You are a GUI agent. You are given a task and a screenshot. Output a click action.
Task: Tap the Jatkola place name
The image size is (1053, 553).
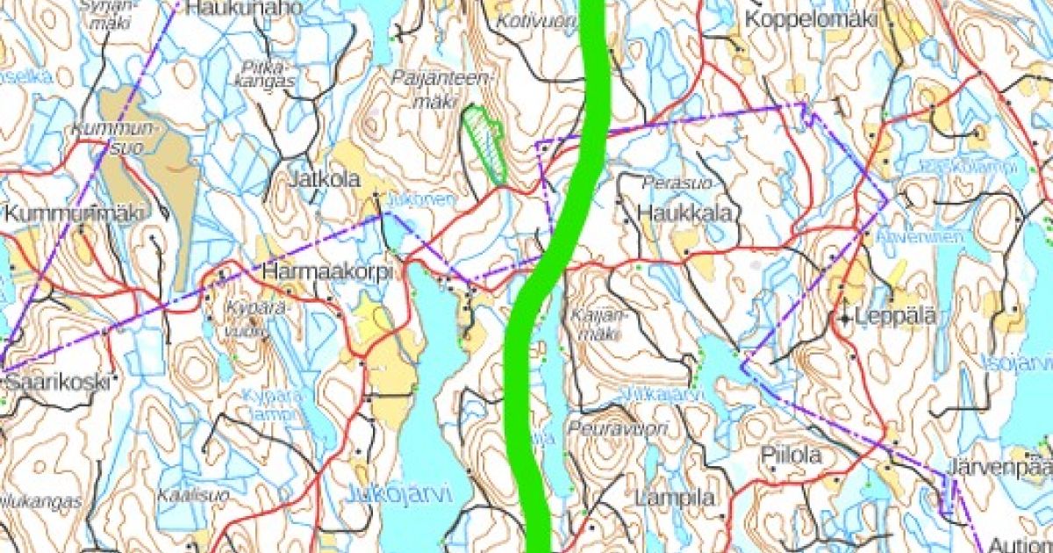click(x=326, y=179)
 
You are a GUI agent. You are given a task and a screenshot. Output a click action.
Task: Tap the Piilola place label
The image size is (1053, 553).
click(x=792, y=456)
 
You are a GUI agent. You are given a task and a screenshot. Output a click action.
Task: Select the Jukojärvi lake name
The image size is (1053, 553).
click(x=399, y=494)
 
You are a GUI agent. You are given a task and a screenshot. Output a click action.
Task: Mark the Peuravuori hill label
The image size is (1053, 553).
click(x=618, y=427)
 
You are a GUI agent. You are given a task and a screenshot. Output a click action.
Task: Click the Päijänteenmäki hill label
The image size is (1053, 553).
click(x=445, y=89)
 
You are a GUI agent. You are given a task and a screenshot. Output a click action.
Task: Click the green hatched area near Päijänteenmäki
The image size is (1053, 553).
click(x=485, y=140)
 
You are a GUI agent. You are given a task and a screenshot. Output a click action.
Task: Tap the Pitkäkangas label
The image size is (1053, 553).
click(x=269, y=72)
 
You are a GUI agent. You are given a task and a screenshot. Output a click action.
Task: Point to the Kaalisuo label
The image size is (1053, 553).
click(x=193, y=495)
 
